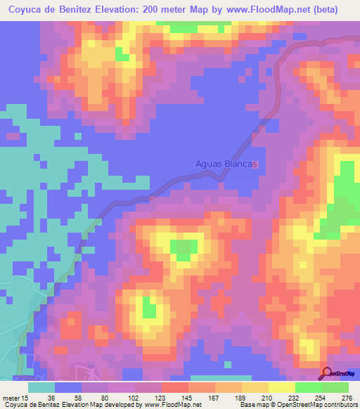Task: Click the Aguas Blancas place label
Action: pos(226,164)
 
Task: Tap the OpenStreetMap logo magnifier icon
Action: pos(327,373)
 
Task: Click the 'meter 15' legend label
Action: pos(16,396)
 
